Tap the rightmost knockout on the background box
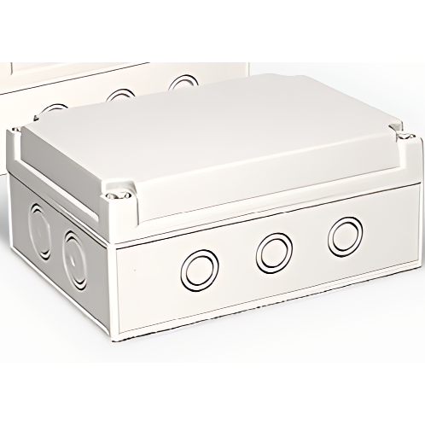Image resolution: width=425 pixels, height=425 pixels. pos(180,83)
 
